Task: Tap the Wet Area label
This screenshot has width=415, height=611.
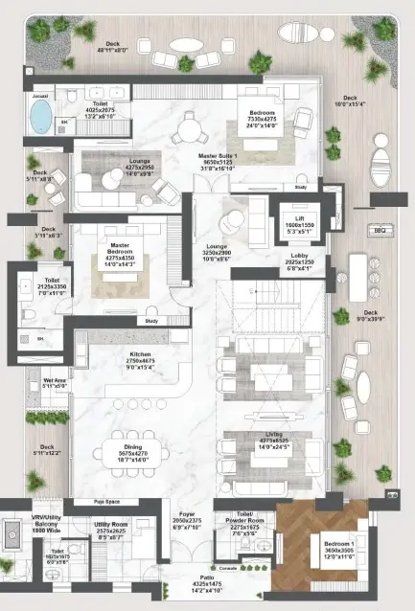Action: tap(55, 381)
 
